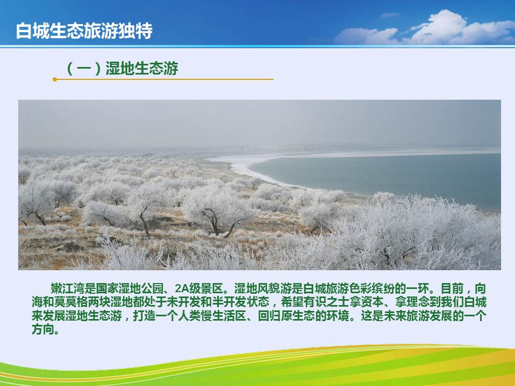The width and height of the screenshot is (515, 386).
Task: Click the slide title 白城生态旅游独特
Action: [x=84, y=31]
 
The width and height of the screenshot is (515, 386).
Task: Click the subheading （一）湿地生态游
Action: [x=122, y=68]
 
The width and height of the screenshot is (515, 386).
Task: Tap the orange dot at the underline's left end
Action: [x=55, y=79]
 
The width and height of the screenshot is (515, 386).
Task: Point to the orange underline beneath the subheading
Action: [x=163, y=79]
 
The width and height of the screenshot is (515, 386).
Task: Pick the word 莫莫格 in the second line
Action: [x=71, y=302]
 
